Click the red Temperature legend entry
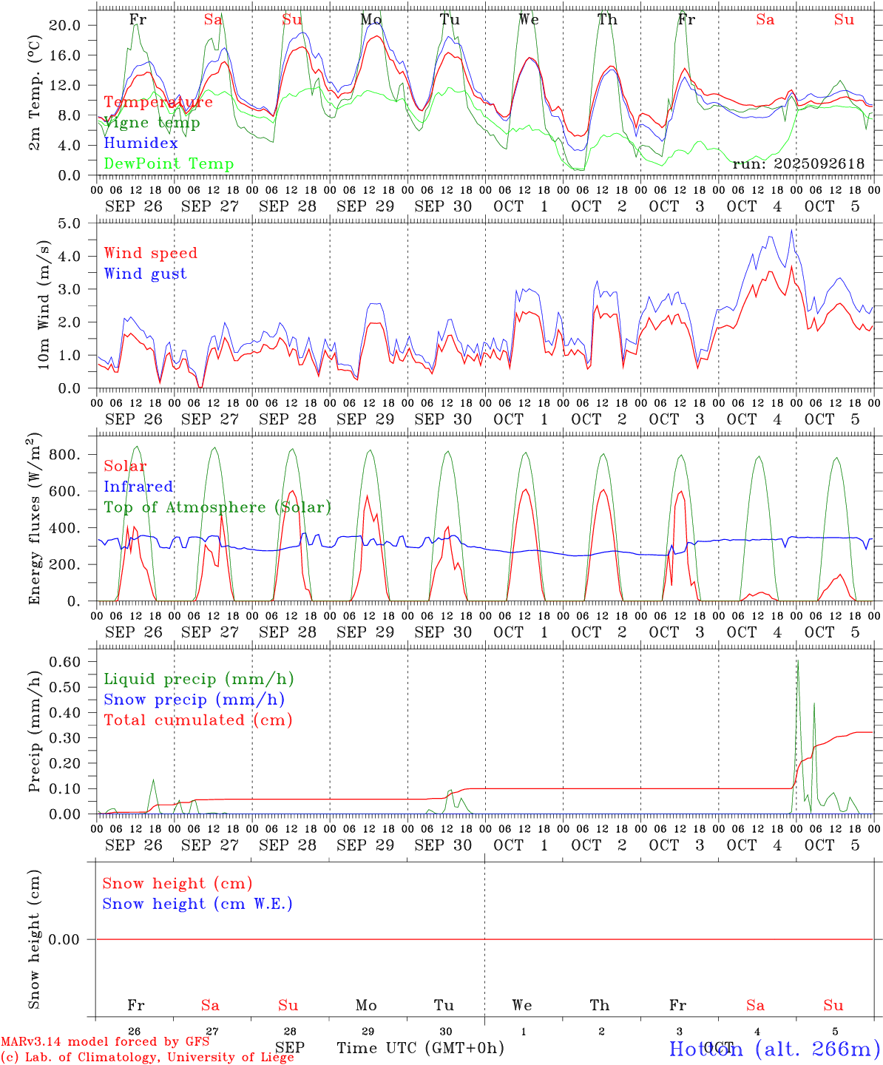[x=158, y=102]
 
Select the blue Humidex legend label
[x=141, y=143]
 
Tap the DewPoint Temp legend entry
[x=169, y=164]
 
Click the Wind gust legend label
[x=145, y=274]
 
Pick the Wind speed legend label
[x=151, y=253]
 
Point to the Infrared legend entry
[x=138, y=487]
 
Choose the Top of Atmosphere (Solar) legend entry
[x=217, y=507]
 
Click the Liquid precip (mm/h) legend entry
[x=198, y=679]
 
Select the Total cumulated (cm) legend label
[x=197, y=720]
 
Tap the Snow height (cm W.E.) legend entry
[x=197, y=904]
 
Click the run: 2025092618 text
[x=798, y=164]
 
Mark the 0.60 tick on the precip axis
[x=65, y=662]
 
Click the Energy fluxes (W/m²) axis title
[x=35, y=520]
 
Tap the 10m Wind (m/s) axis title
[x=44, y=305]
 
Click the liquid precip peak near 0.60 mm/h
[x=797, y=660]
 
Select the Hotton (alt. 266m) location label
[x=774, y=1049]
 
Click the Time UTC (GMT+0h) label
[x=420, y=1048]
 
